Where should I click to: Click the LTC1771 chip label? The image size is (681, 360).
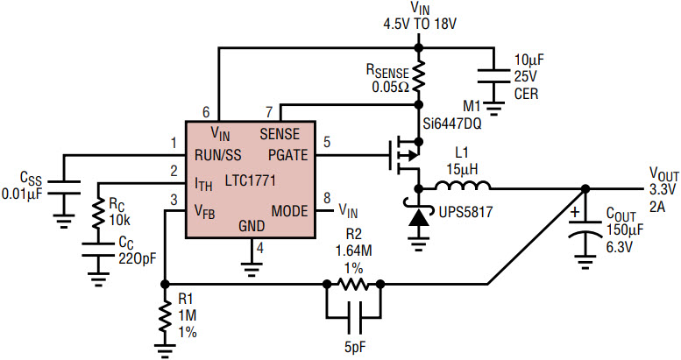click(x=250, y=180)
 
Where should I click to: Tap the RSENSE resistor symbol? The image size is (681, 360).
click(x=419, y=76)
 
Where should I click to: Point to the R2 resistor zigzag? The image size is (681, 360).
click(x=353, y=285)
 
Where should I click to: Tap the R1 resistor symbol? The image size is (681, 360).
click(x=165, y=315)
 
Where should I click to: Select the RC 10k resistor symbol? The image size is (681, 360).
click(x=98, y=214)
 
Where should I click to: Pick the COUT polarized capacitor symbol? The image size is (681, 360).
click(x=585, y=229)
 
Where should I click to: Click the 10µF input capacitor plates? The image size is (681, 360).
click(x=493, y=75)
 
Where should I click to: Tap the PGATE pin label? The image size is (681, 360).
click(x=288, y=155)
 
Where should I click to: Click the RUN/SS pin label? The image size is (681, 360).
click(x=218, y=155)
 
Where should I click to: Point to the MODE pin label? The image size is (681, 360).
click(x=290, y=211)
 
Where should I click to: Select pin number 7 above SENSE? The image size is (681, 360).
click(x=269, y=112)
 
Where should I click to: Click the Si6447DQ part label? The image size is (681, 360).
click(x=452, y=124)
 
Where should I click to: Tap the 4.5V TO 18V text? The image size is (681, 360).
click(x=420, y=24)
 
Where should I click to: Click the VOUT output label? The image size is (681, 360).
click(x=664, y=174)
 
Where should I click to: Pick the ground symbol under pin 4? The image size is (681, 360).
click(x=251, y=267)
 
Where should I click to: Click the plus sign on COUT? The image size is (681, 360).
click(x=575, y=213)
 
